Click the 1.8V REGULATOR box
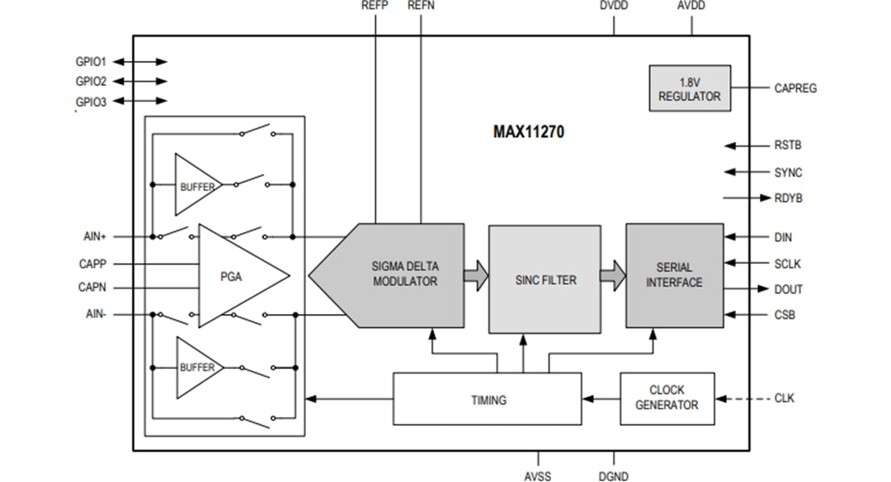tap(689, 89)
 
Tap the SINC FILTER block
tap(544, 280)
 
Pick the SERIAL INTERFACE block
tap(674, 275)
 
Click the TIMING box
tap(488, 400)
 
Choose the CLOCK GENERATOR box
tap(667, 398)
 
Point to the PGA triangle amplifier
tap(235, 276)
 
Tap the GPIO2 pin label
tap(91, 82)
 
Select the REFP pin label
tap(375, 6)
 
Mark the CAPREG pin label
tap(795, 88)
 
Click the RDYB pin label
tap(789, 199)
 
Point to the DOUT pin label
tap(788, 290)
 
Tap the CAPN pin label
tap(91, 288)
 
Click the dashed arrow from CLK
tap(742, 399)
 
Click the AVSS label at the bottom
tap(537, 475)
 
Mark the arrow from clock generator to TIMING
tap(601, 399)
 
